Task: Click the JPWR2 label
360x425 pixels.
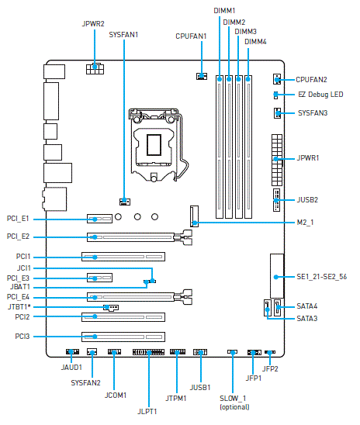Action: [x=93, y=24]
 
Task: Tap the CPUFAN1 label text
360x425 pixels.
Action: [x=191, y=36]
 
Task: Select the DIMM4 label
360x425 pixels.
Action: [x=255, y=42]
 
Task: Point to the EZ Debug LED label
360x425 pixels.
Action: [x=320, y=95]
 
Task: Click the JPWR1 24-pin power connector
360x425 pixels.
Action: [x=277, y=160]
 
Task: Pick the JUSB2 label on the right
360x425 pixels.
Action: [x=307, y=200]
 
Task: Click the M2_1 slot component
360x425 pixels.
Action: [x=195, y=216]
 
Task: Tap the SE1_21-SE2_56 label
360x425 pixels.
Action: [x=321, y=277]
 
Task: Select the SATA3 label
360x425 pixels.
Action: [x=307, y=318]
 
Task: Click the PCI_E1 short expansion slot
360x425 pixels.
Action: [x=99, y=219]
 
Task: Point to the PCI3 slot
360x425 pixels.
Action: [x=123, y=337]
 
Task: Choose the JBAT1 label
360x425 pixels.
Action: [x=20, y=287]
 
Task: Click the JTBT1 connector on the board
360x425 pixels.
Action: [x=111, y=308]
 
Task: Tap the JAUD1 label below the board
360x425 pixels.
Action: [x=71, y=368]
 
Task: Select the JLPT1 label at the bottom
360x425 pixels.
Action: [x=147, y=412]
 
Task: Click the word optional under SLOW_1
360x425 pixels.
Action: [x=234, y=407]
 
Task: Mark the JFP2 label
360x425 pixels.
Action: [x=270, y=369]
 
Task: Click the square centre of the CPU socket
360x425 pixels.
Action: [x=154, y=145]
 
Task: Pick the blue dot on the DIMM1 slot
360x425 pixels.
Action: [x=220, y=79]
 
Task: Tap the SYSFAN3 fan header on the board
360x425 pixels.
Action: [x=277, y=112]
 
